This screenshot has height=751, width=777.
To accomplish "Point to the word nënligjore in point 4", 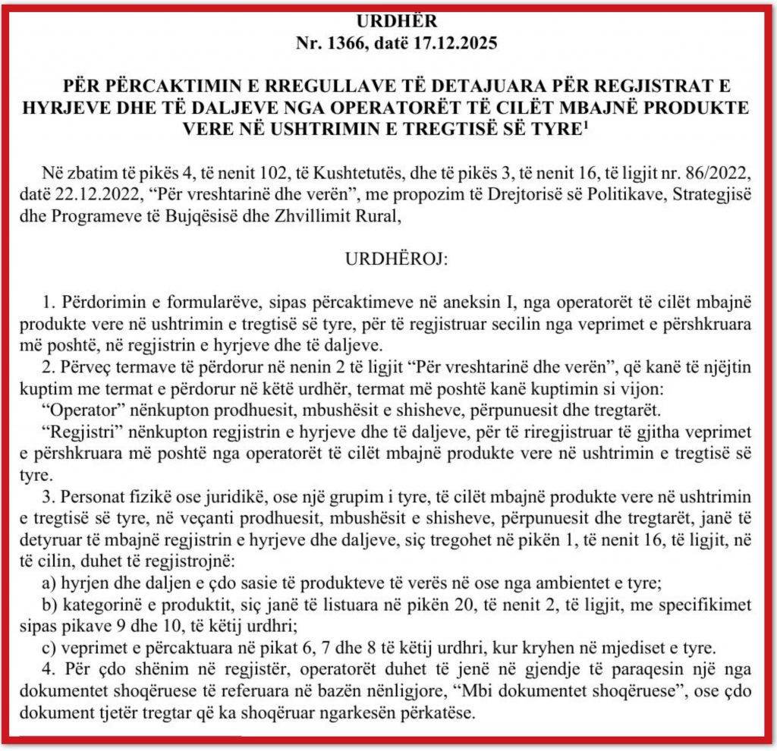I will pyautogui.click(x=430, y=693).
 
